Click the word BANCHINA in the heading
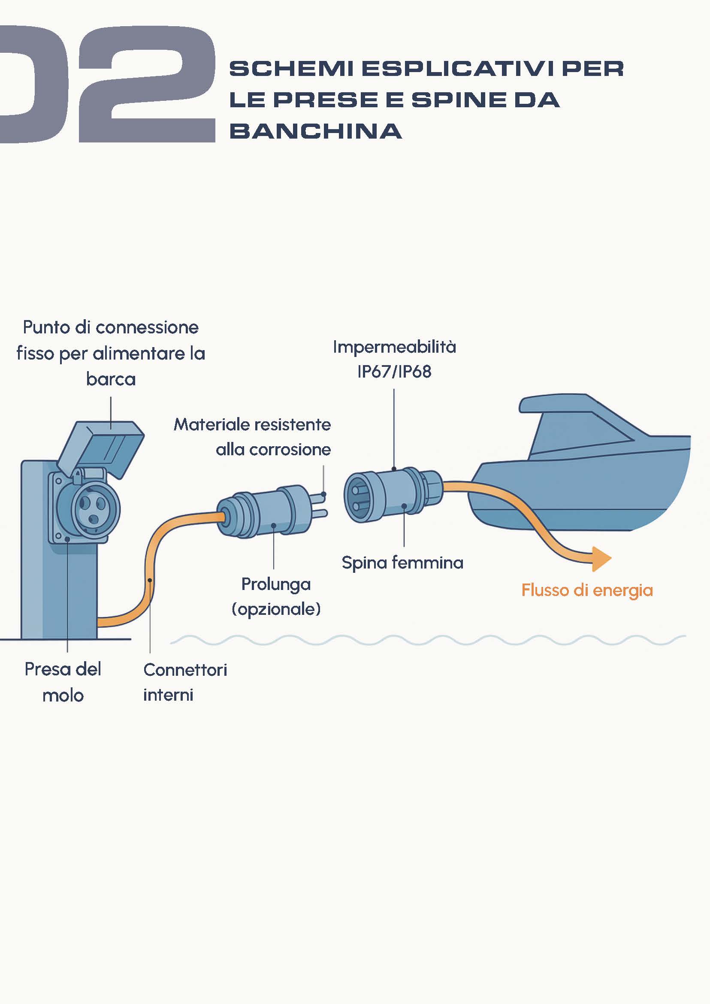tap(315, 131)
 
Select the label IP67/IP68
tap(394, 372)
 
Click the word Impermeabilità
tap(394, 347)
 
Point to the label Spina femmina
tap(402, 562)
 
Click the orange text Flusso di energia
tap(587, 590)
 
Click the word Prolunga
tap(276, 584)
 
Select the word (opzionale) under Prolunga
tap(276, 609)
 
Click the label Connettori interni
tap(185, 682)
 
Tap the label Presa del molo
tap(63, 682)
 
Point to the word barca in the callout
tap(111, 379)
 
